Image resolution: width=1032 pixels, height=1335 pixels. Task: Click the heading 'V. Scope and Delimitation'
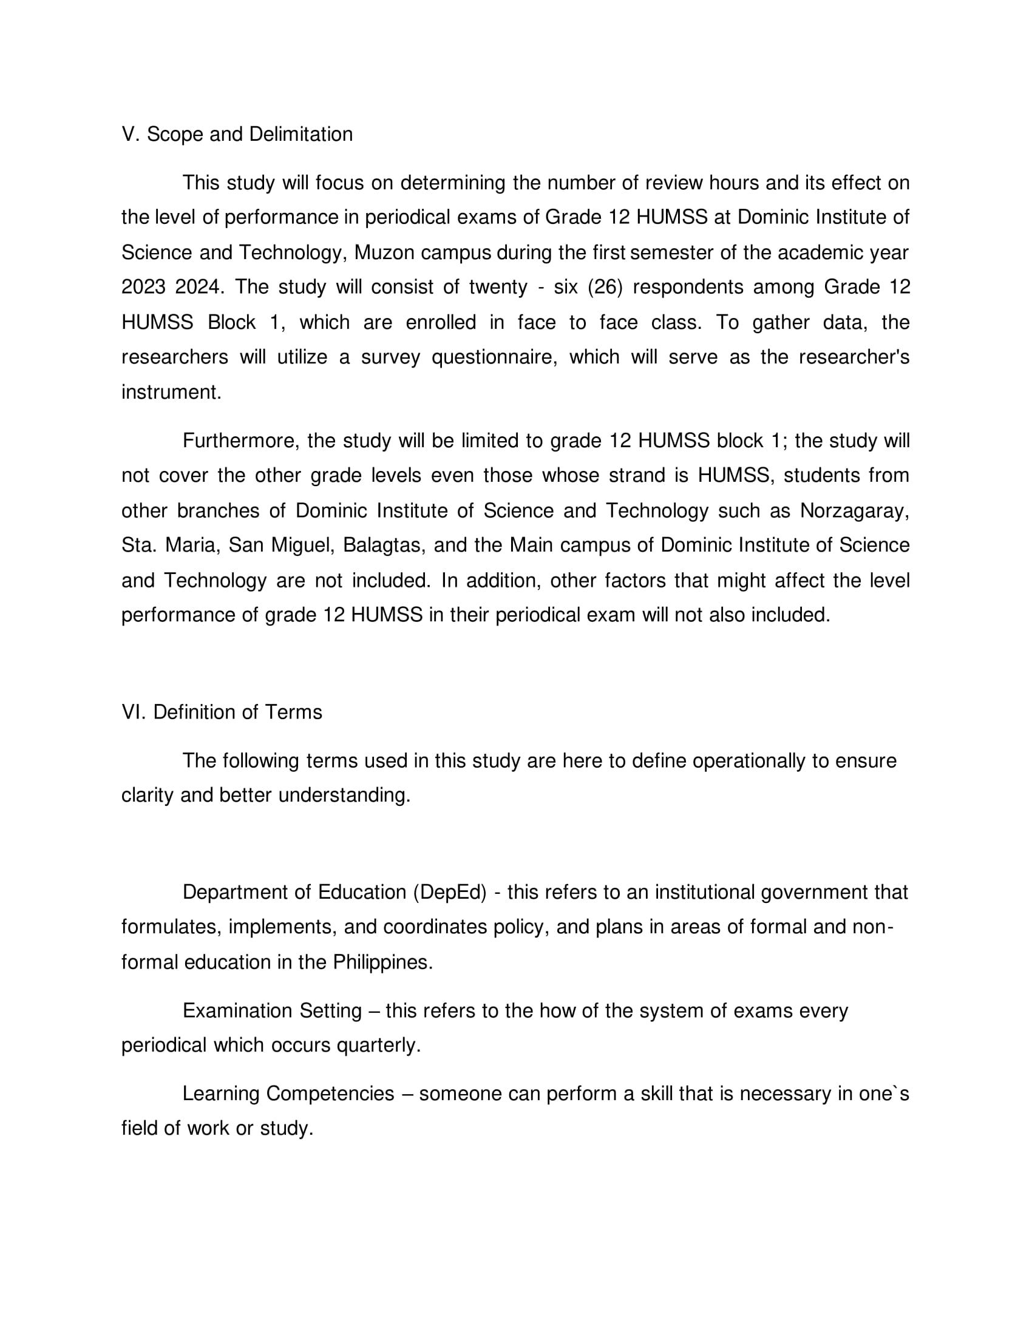pos(237,135)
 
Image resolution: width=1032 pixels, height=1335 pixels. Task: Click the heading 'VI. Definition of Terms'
pos(222,712)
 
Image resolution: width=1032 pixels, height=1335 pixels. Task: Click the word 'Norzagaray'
pos(854,510)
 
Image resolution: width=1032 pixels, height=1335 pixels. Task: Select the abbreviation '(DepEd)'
pos(450,893)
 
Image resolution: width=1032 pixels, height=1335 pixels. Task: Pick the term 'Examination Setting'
pos(272,1011)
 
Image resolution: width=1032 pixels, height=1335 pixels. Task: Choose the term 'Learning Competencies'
pos(288,1093)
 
